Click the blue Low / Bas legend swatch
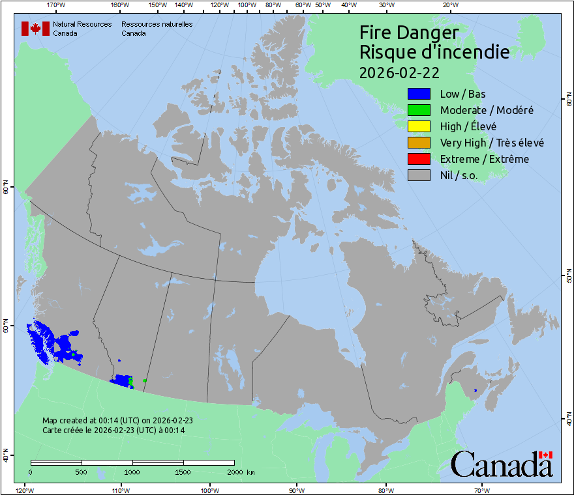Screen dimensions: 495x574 tap(418, 94)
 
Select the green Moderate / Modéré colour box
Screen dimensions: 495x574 tap(418, 110)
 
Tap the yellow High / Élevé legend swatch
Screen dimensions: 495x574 tap(418, 126)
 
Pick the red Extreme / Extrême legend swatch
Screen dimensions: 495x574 tap(418, 159)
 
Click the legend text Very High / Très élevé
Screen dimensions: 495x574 tap(492, 143)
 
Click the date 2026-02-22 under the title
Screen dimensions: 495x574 tap(399, 71)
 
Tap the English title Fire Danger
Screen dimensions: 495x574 tap(409, 33)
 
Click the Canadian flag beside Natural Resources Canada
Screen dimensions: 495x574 tap(35, 29)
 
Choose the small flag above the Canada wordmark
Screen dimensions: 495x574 tap(545, 455)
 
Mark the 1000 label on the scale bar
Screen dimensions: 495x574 tap(132, 472)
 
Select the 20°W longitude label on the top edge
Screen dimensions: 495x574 tap(449, 5)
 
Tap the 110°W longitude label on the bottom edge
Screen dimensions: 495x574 tap(120, 490)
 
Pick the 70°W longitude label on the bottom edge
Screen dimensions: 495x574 tap(481, 490)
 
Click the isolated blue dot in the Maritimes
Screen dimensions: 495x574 tap(476, 390)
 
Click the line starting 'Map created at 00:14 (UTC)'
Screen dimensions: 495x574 tap(117, 421)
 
